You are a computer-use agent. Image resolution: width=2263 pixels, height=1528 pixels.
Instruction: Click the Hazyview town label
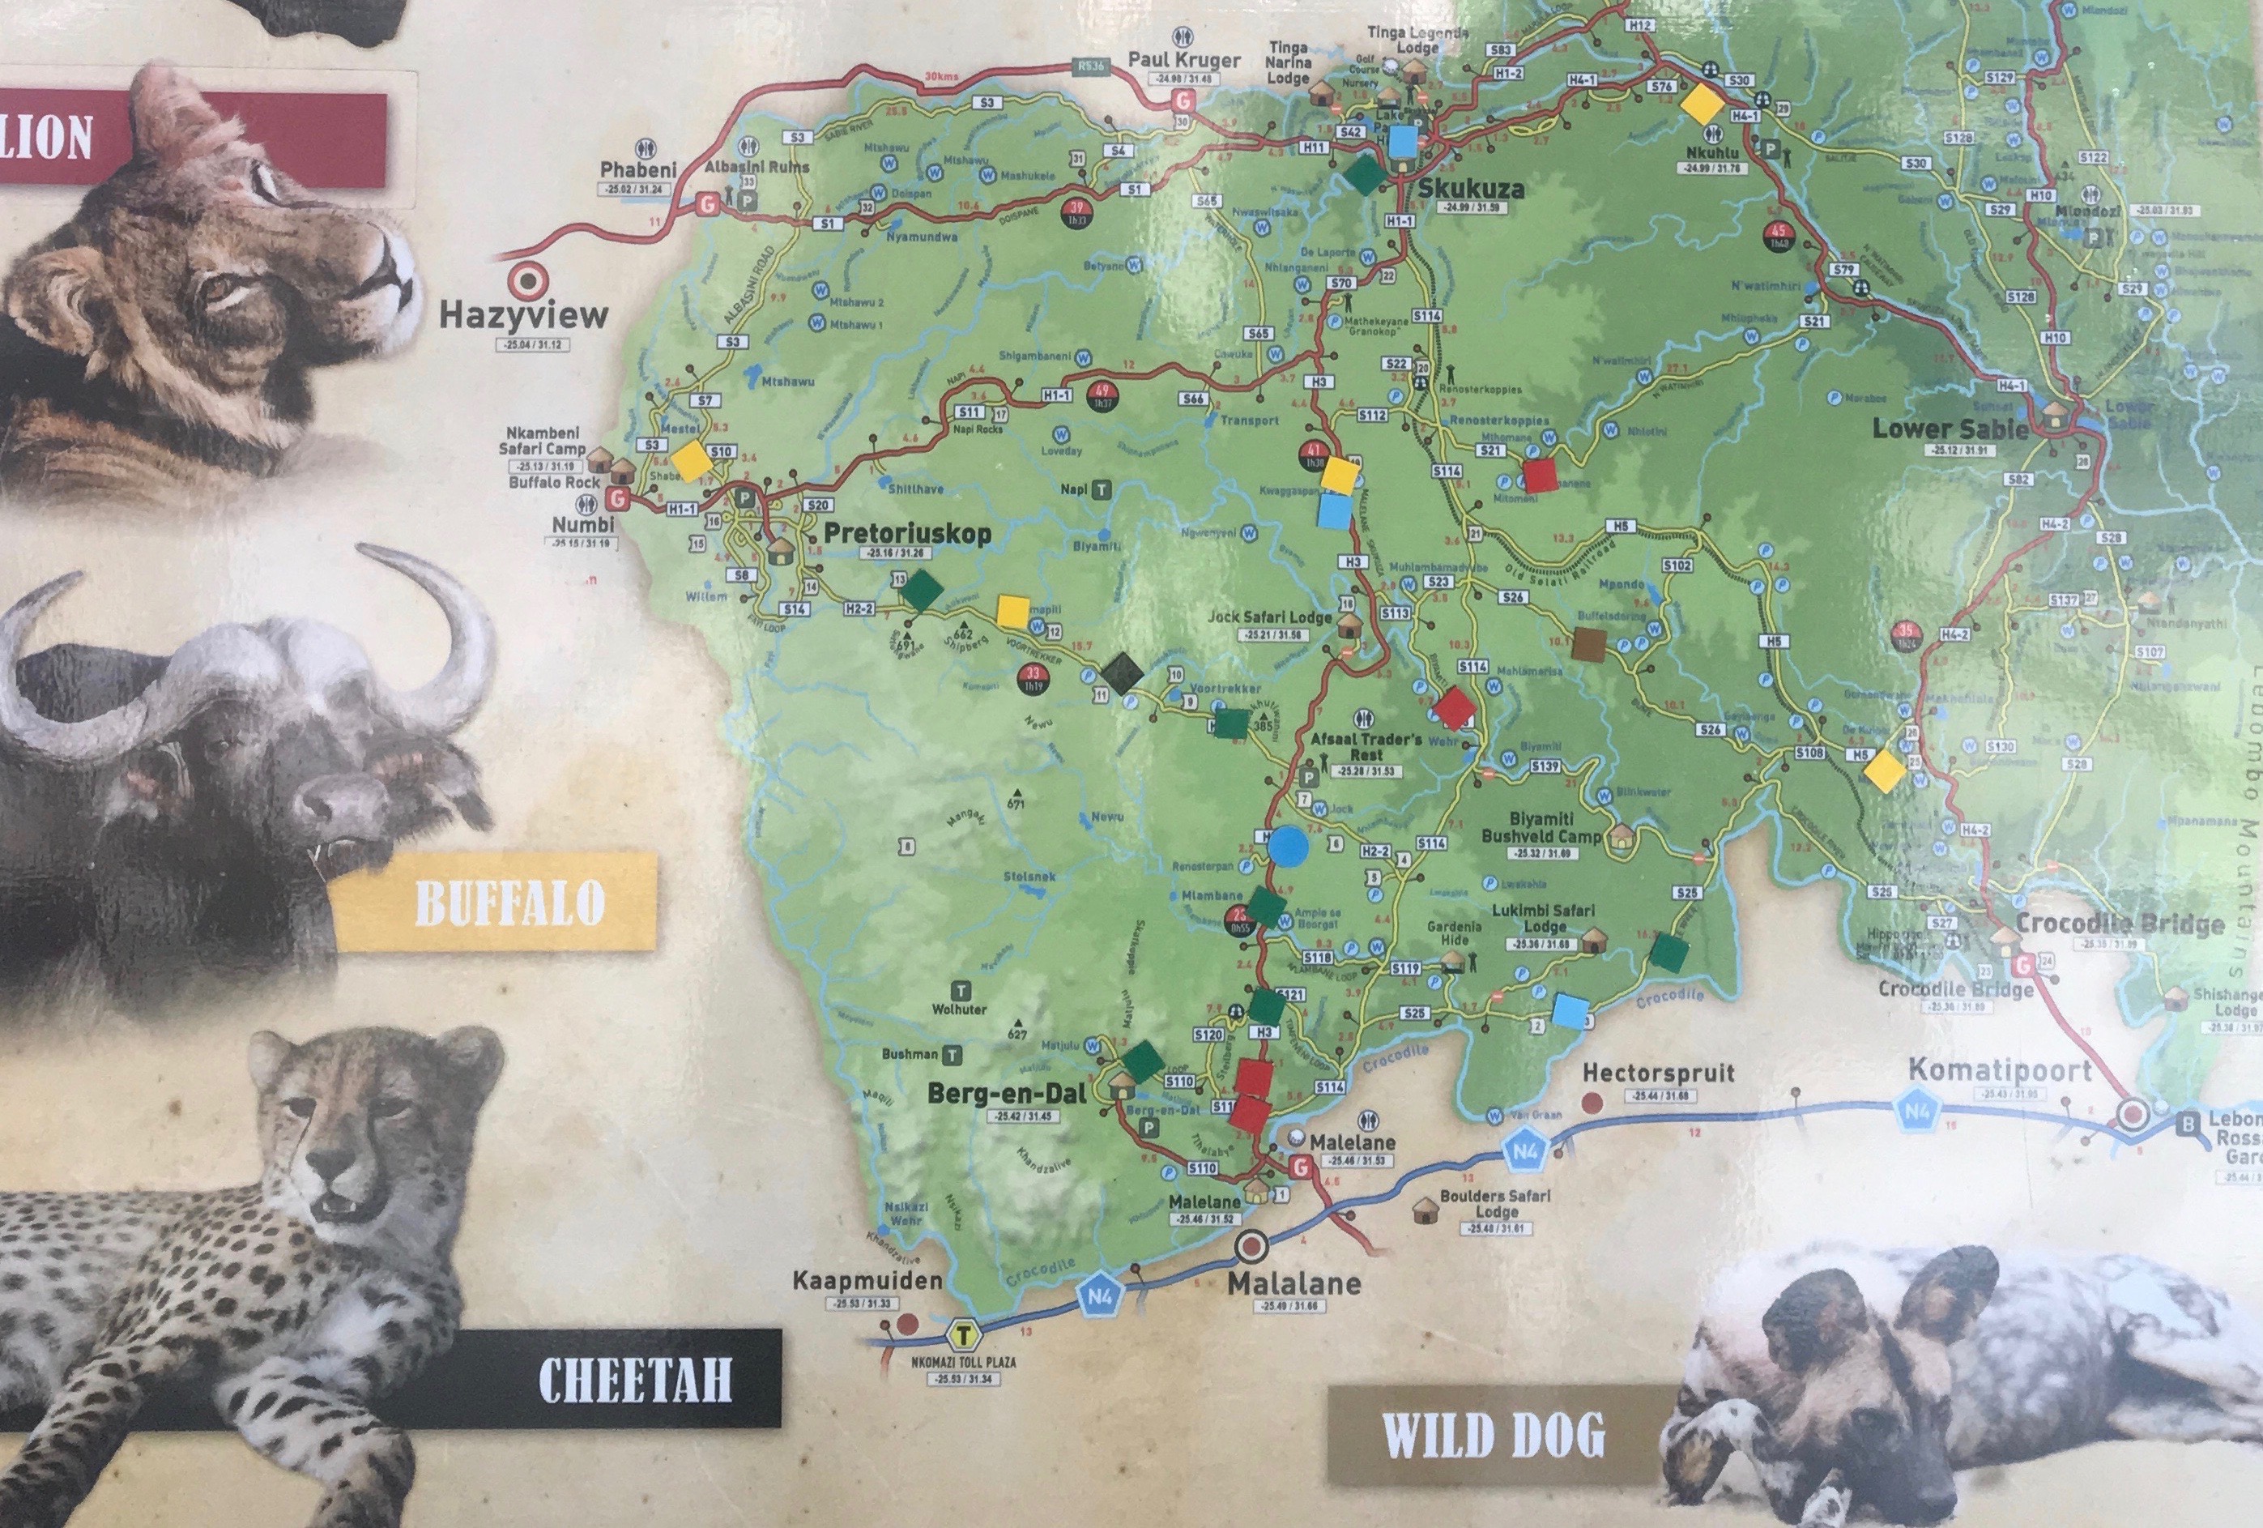click(523, 314)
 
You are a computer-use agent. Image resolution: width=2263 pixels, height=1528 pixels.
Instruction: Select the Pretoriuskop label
click(906, 534)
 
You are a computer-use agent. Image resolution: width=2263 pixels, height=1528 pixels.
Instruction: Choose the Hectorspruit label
click(1658, 1073)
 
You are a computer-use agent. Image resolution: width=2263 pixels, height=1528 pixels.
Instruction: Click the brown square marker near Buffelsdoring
click(1589, 642)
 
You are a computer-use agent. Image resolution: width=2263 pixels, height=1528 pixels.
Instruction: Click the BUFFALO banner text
click(509, 903)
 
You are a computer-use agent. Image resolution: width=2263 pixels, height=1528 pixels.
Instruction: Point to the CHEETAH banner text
click(634, 1379)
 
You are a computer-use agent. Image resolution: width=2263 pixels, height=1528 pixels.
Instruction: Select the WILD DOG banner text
click(1493, 1436)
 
